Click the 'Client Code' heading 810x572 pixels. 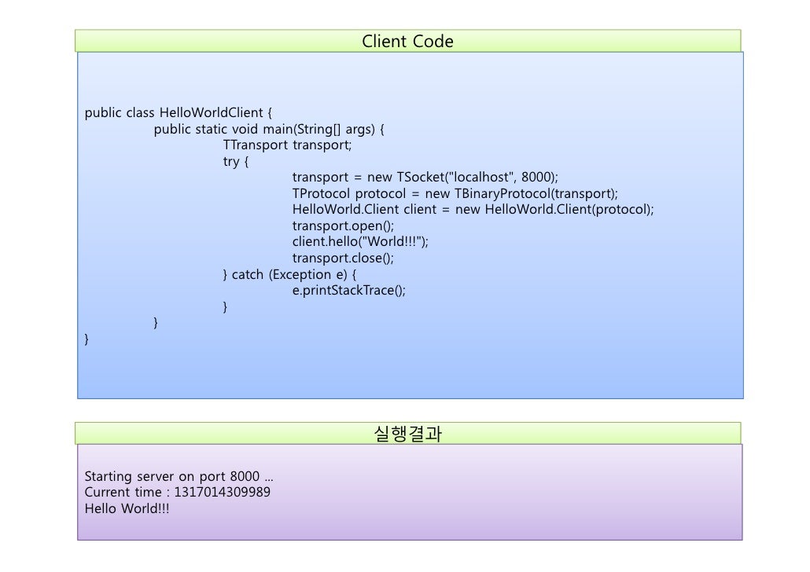pyautogui.click(x=407, y=41)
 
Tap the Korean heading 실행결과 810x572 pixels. pyautogui.click(x=407, y=433)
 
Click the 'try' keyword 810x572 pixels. pyautogui.click(x=231, y=161)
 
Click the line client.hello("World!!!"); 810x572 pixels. pyautogui.click(x=360, y=242)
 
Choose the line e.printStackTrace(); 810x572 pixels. pyautogui.click(x=349, y=291)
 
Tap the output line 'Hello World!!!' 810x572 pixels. pyautogui.click(x=127, y=508)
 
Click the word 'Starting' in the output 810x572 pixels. pyautogui.click(x=108, y=476)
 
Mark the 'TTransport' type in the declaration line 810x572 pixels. pyautogui.click(x=256, y=145)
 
